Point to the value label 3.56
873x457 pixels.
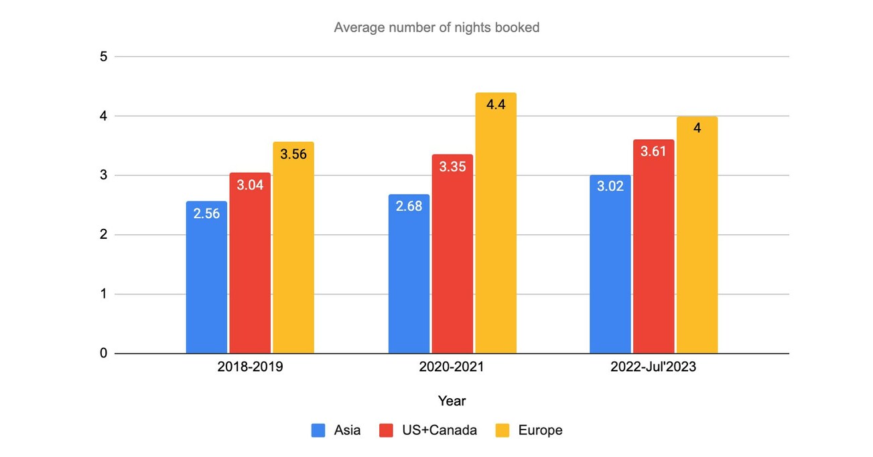point(293,154)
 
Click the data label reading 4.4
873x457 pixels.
point(496,104)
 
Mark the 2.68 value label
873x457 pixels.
point(409,206)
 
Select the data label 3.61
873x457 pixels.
point(653,151)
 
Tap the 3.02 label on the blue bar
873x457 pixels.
point(610,186)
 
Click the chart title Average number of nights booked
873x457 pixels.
point(436,28)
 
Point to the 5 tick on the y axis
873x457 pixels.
point(103,57)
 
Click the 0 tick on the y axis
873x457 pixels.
point(103,353)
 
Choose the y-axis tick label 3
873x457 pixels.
point(103,175)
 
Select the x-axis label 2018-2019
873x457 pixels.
point(250,367)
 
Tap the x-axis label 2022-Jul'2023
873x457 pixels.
point(653,367)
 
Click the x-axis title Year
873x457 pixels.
point(452,401)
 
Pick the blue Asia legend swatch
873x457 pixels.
point(318,430)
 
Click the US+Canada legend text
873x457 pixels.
point(439,430)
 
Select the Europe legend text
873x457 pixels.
point(540,430)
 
